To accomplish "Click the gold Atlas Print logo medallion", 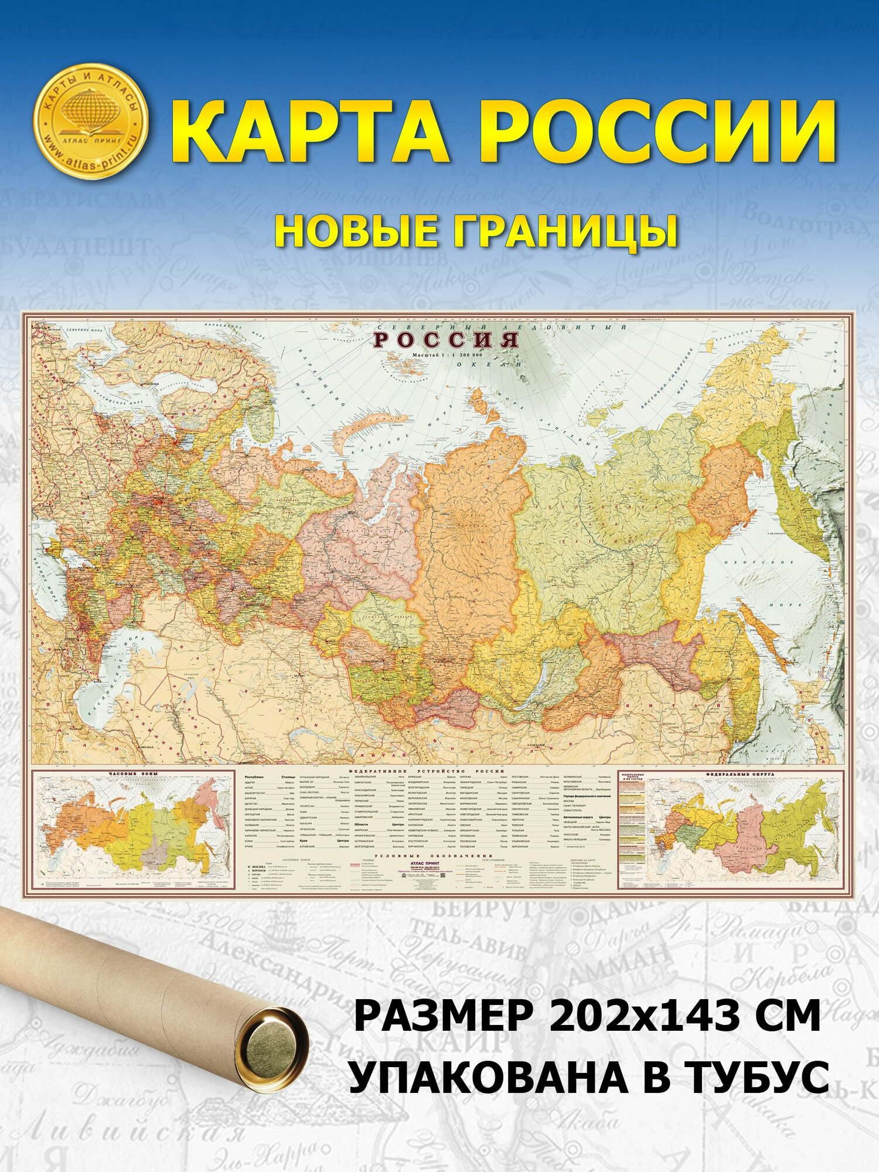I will (x=90, y=120).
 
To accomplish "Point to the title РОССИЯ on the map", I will (x=447, y=340).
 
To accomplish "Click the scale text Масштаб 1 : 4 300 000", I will (x=447, y=355).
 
